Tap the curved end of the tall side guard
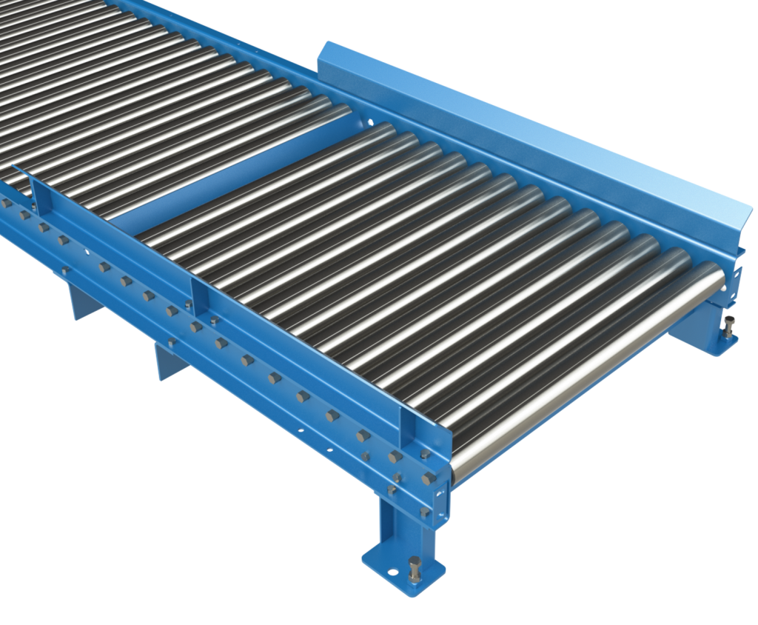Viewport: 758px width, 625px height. click(x=740, y=222)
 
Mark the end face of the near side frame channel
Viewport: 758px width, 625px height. click(x=443, y=496)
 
